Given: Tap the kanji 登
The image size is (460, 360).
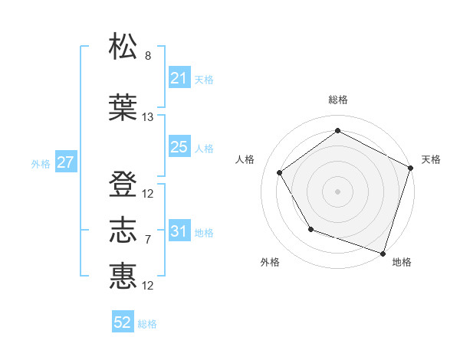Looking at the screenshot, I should tap(123, 185).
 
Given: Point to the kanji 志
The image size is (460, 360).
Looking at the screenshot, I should tap(123, 230).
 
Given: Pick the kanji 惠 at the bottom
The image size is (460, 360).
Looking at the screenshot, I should tap(123, 276).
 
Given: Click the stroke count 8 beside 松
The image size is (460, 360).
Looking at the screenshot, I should tap(148, 56).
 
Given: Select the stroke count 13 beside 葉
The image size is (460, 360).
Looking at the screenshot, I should tap(148, 117).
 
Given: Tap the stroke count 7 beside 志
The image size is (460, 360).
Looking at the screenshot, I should tap(148, 240).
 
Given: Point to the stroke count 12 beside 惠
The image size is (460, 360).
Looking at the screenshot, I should tap(148, 286).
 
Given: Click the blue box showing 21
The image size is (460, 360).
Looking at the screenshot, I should tap(179, 78).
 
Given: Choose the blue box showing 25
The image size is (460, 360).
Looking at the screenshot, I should tap(179, 147).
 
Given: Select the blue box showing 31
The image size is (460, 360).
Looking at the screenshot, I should tap(179, 231).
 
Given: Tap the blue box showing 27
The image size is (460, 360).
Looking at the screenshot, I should tap(66, 162).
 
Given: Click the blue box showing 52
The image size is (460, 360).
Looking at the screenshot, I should tap(123, 322).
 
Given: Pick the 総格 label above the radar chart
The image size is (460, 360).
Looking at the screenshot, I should tap(337, 100).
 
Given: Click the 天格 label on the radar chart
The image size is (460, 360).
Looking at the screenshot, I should tap(432, 159).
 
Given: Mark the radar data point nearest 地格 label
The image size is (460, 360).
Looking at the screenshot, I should tap(383, 253).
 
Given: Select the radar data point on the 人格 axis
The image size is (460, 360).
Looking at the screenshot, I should tap(280, 172).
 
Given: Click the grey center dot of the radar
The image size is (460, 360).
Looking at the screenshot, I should tap(337, 191).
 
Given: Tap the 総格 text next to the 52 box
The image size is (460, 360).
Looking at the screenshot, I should tap(148, 324).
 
